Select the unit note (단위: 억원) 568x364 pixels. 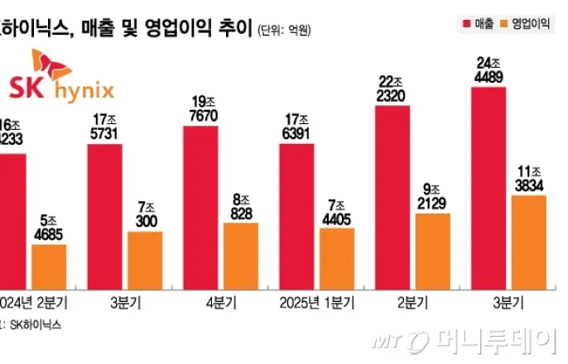pos(286,31)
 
